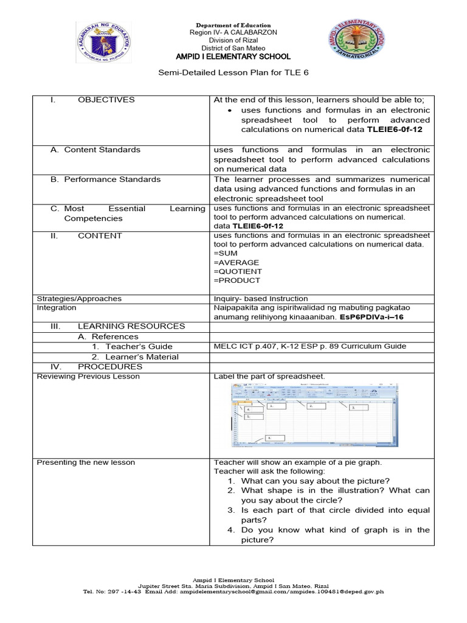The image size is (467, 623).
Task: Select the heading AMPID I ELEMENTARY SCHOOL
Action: [x=233, y=57]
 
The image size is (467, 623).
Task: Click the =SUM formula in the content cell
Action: [x=226, y=253]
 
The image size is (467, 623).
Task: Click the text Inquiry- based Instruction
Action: [x=260, y=299]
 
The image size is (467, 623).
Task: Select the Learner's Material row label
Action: [x=135, y=357]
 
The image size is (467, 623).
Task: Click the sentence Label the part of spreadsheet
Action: [x=269, y=377]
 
